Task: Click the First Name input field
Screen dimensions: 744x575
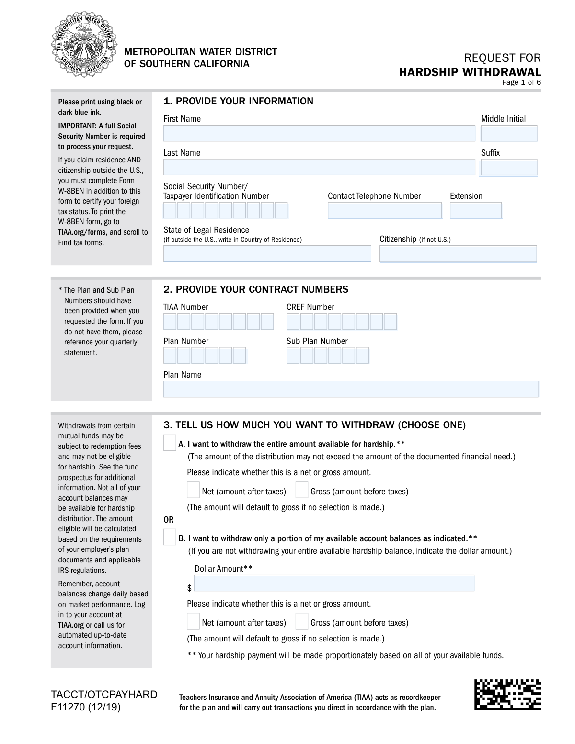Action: (319, 133)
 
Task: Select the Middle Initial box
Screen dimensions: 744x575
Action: (508, 133)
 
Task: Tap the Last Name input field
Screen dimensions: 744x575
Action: (319, 167)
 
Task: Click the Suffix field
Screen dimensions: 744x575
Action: (508, 167)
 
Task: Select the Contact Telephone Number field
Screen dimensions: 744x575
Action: (384, 210)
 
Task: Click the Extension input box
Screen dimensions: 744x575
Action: (475, 210)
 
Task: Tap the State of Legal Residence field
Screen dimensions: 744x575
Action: (267, 253)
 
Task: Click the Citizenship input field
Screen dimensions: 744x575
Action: (458, 253)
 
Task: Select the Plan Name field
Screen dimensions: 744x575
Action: (350, 389)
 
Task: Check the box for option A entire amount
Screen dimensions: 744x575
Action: (170, 443)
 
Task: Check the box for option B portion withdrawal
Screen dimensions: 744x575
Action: (170, 538)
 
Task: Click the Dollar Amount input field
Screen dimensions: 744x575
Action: (334, 583)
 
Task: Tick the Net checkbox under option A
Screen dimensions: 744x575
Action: (193, 490)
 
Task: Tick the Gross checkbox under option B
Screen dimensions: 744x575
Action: (301, 621)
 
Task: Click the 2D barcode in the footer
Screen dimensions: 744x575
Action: (507, 695)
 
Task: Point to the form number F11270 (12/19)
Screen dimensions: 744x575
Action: (86, 707)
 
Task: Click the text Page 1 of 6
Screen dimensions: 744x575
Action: (521, 82)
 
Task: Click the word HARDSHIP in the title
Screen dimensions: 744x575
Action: (428, 72)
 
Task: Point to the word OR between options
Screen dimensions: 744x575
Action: (169, 520)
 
